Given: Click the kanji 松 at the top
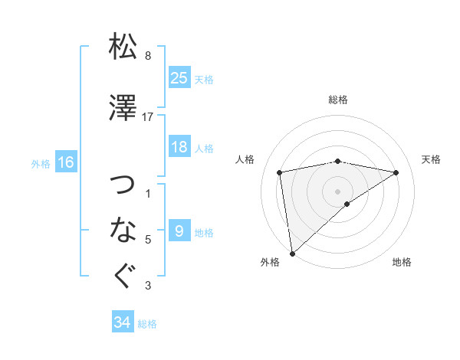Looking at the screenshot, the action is [123, 47].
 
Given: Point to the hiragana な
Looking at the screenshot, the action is [123, 229].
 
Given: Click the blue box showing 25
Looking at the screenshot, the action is [179, 77].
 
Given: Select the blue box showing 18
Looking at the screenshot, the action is [179, 147].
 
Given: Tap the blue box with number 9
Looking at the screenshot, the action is [179, 231].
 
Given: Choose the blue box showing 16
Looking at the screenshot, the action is [66, 162].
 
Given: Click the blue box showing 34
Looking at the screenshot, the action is [123, 322].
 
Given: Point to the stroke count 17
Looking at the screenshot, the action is [148, 117].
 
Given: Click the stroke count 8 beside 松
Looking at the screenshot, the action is [148, 56].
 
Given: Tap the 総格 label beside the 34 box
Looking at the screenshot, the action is [148, 324].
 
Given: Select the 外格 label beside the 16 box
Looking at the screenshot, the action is [41, 163].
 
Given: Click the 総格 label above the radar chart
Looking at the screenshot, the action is [338, 100].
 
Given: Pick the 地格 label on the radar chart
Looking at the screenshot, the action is [402, 263].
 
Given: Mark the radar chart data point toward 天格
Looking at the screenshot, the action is [396, 172].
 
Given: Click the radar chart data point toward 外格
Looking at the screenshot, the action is [291, 253].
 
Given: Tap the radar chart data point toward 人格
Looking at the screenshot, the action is [280, 172].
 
